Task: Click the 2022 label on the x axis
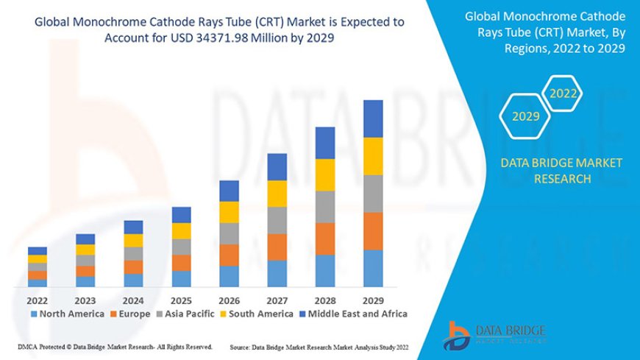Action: click(x=37, y=300)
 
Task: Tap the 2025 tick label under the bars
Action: click(x=181, y=300)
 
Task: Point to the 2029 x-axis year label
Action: click(x=373, y=300)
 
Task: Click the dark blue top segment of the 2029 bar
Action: click(x=373, y=119)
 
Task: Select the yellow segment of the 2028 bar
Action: click(x=325, y=174)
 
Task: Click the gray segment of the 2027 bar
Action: click(x=277, y=220)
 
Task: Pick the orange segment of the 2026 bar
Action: click(x=229, y=255)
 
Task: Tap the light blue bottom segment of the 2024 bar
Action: click(x=133, y=280)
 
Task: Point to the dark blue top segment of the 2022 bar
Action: click(x=37, y=251)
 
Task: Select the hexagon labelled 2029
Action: click(x=525, y=116)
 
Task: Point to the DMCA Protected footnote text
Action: click(x=115, y=346)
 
